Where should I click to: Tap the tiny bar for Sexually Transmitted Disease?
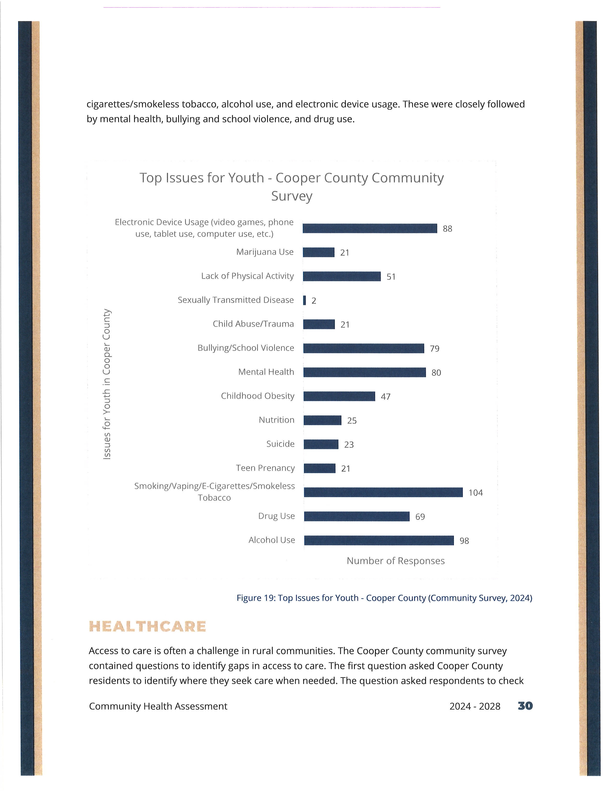pyautogui.click(x=304, y=300)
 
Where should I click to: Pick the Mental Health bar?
pyautogui.click(x=364, y=372)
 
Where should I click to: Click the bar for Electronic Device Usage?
pyautogui.click(x=370, y=228)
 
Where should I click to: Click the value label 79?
pyautogui.click(x=434, y=349)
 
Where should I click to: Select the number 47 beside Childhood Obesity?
pyautogui.click(x=386, y=397)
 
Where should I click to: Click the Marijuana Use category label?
pyautogui.click(x=265, y=252)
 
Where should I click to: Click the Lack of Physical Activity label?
pyautogui.click(x=248, y=276)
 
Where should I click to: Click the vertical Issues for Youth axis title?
pyautogui.click(x=106, y=384)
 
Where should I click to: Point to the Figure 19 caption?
pyautogui.click(x=384, y=598)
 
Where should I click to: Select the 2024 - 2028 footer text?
pyautogui.click(x=475, y=706)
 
